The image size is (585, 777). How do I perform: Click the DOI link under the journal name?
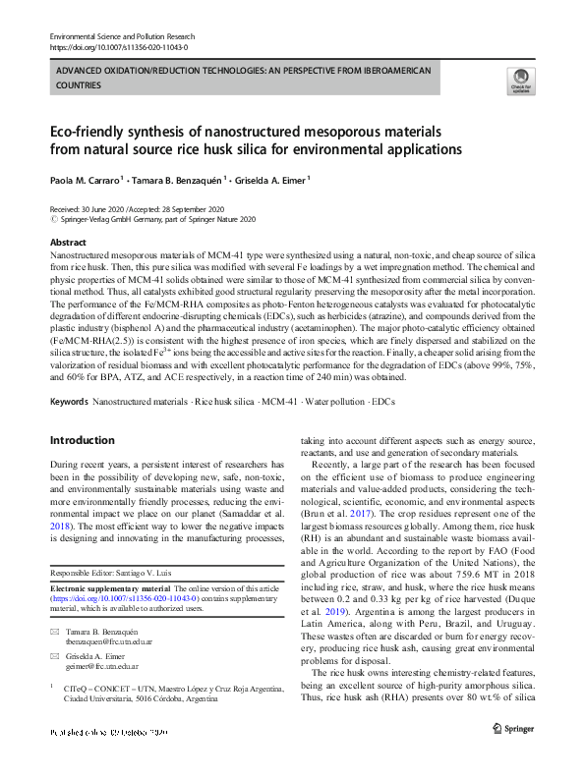[x=118, y=46]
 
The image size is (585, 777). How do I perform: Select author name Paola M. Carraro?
[x=85, y=180]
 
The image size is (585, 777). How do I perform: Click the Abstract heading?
[x=67, y=242]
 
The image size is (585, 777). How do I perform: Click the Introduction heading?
[x=82, y=440]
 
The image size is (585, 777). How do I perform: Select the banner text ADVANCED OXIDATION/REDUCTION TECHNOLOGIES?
[x=167, y=73]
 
